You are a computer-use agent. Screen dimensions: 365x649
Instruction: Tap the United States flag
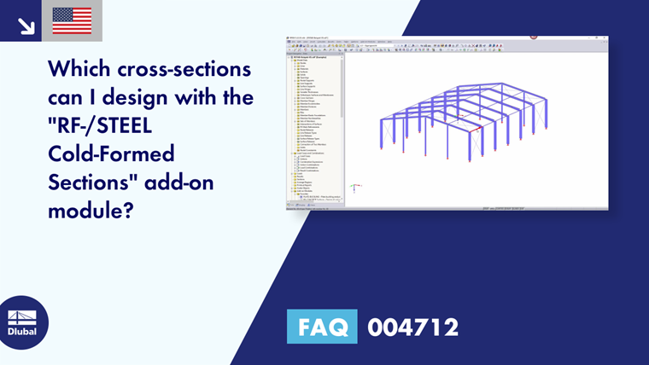72,20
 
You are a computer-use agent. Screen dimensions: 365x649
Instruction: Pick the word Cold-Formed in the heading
100,155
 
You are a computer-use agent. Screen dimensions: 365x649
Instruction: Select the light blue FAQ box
322,326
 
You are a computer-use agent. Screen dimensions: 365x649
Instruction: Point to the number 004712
413,327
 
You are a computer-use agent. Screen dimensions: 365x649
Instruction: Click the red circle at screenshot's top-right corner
534,37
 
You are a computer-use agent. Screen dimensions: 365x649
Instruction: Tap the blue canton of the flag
61,14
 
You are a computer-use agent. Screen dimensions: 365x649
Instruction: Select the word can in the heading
67,98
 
